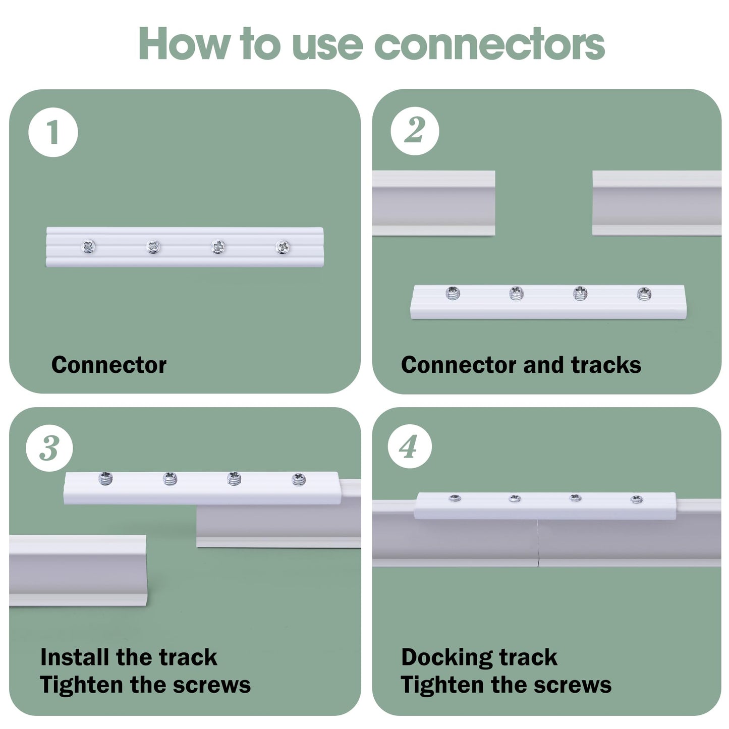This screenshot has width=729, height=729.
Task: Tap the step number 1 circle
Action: [53, 132]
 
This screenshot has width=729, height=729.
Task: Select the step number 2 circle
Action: [415, 131]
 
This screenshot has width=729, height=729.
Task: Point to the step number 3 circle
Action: [49, 447]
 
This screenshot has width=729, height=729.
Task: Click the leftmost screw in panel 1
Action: [89, 247]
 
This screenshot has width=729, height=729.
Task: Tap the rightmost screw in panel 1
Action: [283, 247]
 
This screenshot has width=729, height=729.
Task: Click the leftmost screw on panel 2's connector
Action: [453, 293]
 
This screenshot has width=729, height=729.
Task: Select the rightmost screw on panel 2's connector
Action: [644, 293]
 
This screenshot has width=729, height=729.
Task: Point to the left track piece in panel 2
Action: [433, 203]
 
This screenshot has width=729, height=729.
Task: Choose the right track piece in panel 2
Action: [656, 203]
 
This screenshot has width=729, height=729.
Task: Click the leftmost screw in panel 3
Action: [105, 478]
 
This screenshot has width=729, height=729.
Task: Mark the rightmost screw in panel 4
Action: [637, 499]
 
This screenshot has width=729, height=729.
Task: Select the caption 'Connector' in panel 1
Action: [108, 365]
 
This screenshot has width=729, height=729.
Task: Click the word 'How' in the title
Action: [183, 44]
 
